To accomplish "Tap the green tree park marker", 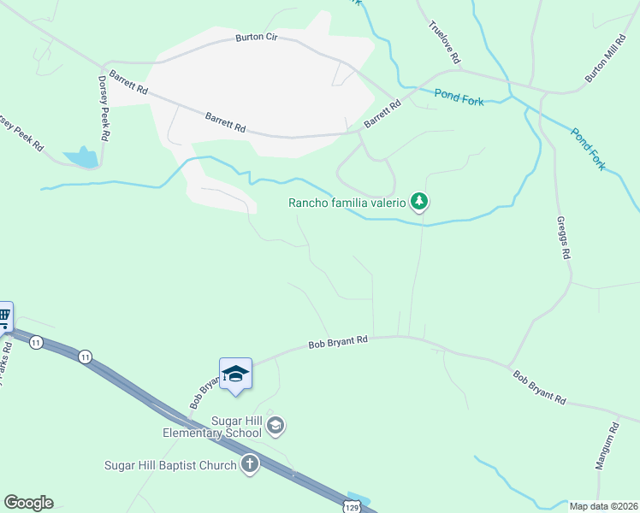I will [418, 202].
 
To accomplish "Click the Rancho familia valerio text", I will [346, 203].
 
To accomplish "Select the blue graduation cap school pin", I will [235, 374].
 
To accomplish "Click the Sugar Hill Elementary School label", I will [212, 427].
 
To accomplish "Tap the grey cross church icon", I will [249, 464].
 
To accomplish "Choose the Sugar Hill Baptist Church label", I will [169, 465].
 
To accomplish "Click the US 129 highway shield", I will [352, 504].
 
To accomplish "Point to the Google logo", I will [28, 503].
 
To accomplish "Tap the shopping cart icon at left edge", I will [4, 316].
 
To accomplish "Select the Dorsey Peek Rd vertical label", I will [103, 108].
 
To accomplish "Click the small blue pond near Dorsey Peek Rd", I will [81, 157].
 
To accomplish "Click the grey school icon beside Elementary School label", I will [275, 424].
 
